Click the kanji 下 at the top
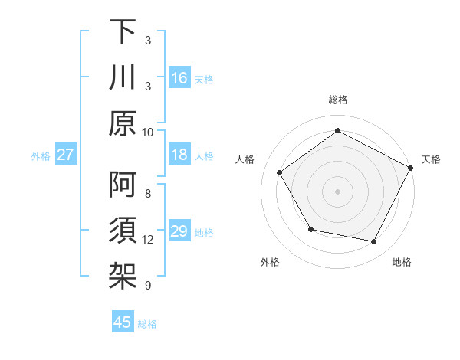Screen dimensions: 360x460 point(123,33)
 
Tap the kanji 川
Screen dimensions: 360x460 point(123,78)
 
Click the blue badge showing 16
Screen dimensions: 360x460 point(179,78)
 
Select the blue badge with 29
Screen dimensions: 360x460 point(179,232)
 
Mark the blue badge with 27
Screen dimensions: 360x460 point(66,155)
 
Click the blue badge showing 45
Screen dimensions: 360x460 point(123,322)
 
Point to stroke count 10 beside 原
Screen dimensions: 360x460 point(148,132)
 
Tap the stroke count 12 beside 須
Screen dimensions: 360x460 point(148,240)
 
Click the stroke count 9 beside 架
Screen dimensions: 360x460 point(148,285)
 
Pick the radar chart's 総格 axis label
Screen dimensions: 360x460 point(337,100)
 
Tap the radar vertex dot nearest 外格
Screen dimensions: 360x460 point(310,229)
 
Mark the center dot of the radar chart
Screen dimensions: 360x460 point(337,191)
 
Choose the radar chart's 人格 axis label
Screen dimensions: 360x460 point(246,159)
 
